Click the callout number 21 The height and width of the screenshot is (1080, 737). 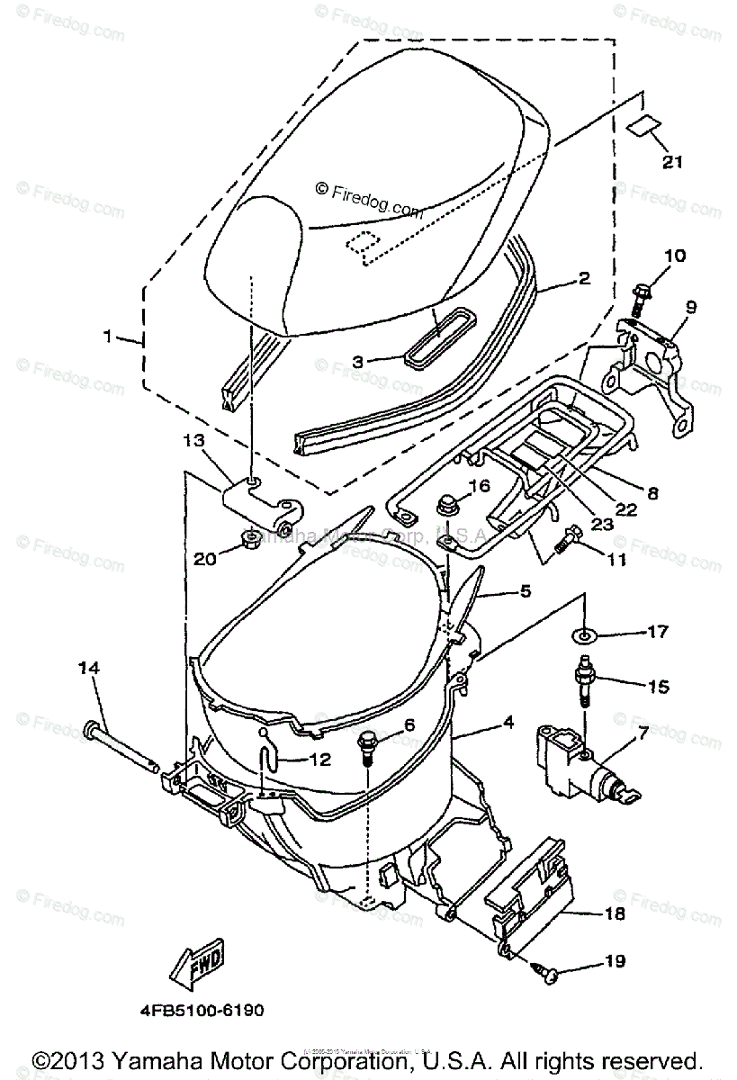tap(672, 163)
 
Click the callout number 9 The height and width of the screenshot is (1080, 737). tap(691, 307)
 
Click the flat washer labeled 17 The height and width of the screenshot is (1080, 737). tap(585, 637)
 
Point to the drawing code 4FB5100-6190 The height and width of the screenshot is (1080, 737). tap(202, 1011)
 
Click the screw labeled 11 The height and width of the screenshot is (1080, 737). tap(564, 540)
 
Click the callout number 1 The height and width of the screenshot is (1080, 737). tap(108, 338)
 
